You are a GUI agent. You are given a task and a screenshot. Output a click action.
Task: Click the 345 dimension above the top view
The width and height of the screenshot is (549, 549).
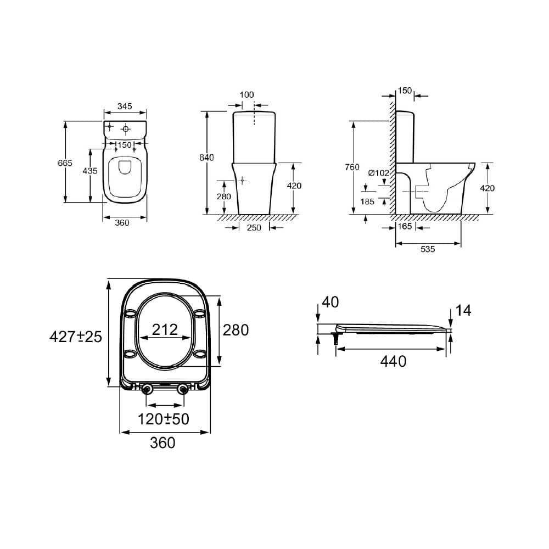coord(125,107)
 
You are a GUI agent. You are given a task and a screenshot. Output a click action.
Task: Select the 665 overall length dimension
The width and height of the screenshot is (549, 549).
coord(65,163)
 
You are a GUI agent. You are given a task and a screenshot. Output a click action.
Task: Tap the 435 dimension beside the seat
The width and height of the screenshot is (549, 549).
coord(89,171)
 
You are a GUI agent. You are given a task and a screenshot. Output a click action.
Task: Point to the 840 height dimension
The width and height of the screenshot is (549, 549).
coord(206,158)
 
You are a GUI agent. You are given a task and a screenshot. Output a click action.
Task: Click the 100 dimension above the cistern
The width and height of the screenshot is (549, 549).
coord(247,94)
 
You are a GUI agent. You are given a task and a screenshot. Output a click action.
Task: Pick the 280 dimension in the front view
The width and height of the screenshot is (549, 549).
coord(224,196)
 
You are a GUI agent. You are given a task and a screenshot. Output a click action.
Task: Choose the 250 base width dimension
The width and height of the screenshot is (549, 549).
coord(254,227)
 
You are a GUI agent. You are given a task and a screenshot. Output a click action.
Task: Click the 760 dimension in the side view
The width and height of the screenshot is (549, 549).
coord(352,167)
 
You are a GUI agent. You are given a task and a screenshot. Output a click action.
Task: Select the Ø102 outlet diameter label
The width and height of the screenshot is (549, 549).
coord(378,173)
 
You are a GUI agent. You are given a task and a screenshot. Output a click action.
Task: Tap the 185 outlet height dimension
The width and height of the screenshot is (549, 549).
coord(367,201)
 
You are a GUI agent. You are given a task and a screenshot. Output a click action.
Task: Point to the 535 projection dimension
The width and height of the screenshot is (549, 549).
coord(428,249)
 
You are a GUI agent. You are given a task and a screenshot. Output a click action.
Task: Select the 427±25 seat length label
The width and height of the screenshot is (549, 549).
coord(76,337)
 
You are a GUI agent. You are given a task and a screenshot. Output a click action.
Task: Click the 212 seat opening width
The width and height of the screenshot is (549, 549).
coord(165,329)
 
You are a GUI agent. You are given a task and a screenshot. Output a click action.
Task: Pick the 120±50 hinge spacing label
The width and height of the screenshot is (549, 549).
coord(163,419)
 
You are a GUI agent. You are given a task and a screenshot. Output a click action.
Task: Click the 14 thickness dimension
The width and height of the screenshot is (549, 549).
coord(463,311)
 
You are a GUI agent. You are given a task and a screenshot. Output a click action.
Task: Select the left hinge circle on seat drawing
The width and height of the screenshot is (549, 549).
coord(147,390)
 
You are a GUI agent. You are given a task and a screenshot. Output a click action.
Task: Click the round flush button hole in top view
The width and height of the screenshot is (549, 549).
coord(126,130)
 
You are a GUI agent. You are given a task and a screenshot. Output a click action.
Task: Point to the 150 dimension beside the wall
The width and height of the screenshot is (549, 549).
coord(405,90)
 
